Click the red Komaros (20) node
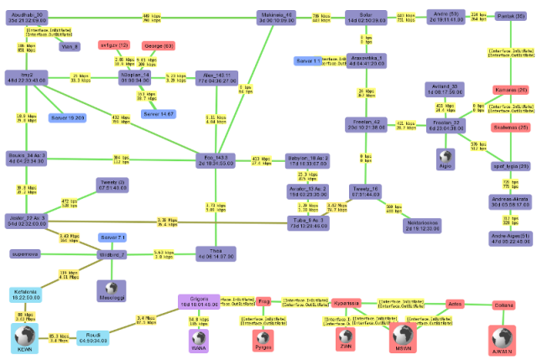tap(511, 90)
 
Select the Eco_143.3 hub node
tap(216, 159)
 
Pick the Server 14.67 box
tap(158, 112)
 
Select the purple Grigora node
tap(199, 301)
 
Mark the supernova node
tap(32, 253)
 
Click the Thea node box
tap(216, 253)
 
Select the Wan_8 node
tap(70, 46)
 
